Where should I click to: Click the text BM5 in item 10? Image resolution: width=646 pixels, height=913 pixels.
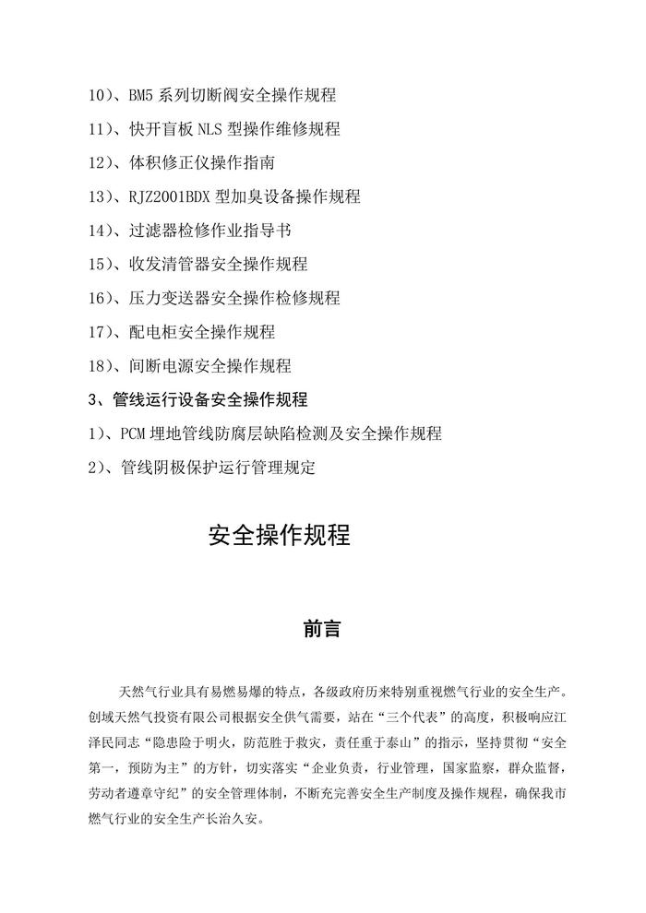coord(141,95)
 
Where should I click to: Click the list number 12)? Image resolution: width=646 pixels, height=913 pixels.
coord(100,163)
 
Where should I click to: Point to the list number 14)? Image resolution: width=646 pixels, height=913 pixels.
coord(100,231)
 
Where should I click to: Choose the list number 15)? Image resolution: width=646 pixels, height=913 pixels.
coord(100,265)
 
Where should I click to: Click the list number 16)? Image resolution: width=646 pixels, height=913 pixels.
coord(100,298)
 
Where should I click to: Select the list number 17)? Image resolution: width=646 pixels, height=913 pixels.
coord(100,332)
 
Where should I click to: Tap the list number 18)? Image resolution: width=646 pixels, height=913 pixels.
coord(100,366)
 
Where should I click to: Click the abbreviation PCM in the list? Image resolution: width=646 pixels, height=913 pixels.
coord(134,433)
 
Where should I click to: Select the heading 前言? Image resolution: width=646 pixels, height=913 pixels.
coord(323,631)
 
